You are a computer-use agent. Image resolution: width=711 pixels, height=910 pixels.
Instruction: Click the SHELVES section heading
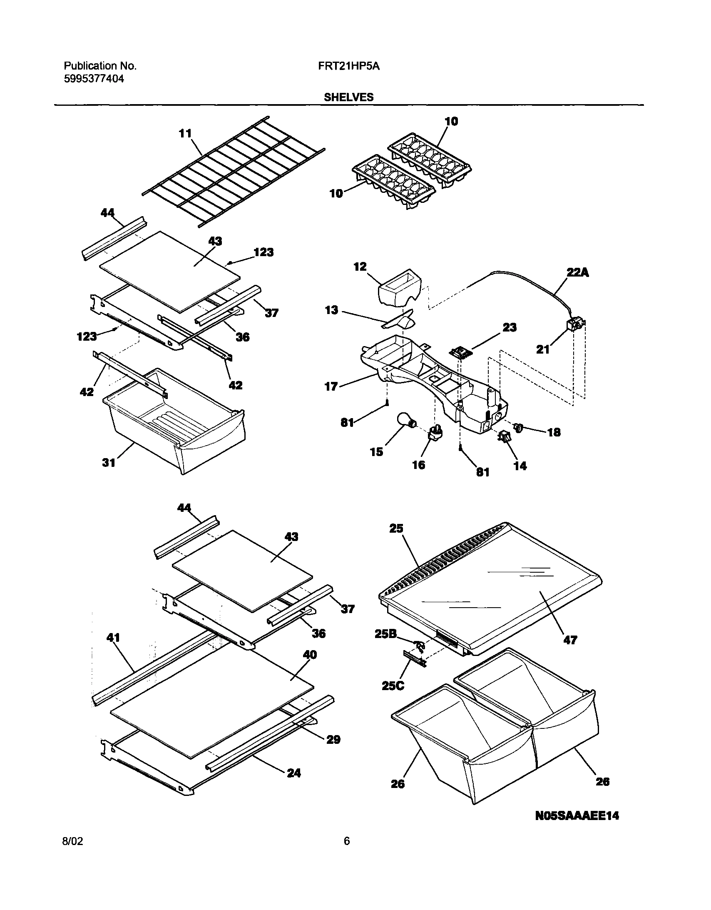348,97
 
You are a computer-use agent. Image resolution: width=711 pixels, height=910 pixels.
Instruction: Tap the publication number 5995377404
94,79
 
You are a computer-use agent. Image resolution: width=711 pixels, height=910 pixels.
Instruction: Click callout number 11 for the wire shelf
185,133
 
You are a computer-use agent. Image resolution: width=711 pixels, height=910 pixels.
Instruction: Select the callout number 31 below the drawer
109,463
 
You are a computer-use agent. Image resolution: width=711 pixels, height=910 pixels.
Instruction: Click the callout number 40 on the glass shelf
310,655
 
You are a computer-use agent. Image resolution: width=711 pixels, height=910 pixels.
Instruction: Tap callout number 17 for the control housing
331,386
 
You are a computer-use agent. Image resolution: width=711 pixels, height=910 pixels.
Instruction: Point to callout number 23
509,327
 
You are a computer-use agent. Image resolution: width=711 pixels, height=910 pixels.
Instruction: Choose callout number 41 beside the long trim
113,638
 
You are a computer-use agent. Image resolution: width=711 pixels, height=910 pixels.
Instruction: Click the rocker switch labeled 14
505,437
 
